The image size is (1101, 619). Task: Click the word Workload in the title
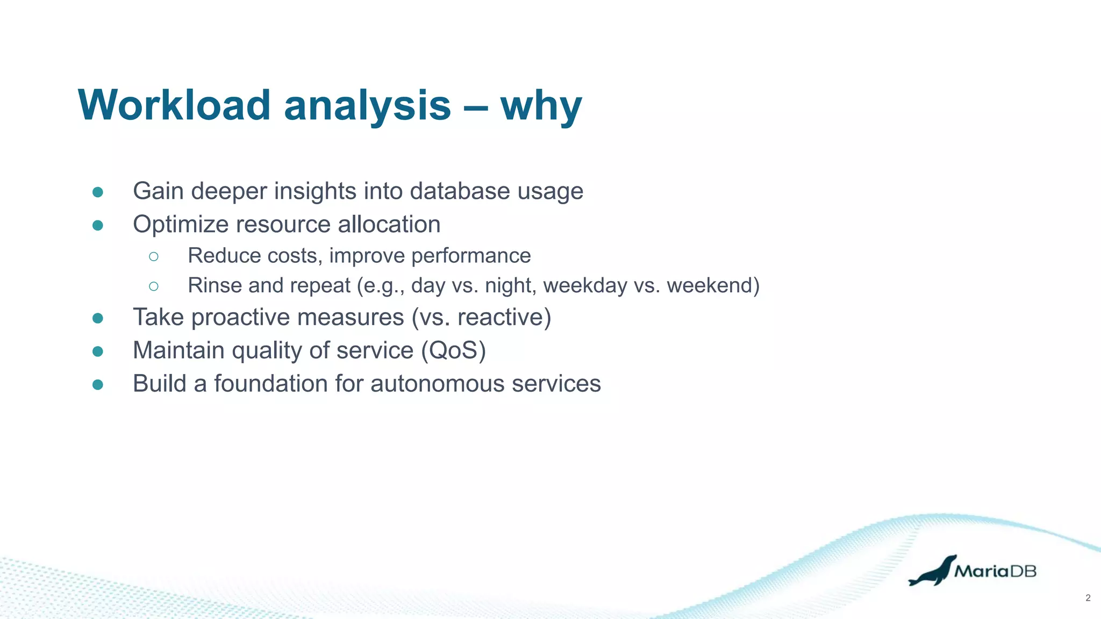174,105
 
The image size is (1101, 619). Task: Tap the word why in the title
541,106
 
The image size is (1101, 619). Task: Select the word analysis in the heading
367,106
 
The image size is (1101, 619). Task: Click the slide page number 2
1088,598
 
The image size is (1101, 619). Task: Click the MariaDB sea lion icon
932,571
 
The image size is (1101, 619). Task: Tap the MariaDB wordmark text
995,571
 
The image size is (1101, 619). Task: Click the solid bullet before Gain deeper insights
98,192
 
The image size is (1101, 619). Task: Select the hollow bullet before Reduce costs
154,256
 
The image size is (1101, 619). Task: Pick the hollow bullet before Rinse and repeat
154,286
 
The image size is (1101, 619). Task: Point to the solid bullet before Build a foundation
98,384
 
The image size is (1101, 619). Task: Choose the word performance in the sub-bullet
471,256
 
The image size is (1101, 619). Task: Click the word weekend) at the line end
713,285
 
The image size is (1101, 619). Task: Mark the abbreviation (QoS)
453,350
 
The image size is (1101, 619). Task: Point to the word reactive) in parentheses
504,317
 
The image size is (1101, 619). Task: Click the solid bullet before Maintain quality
98,351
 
